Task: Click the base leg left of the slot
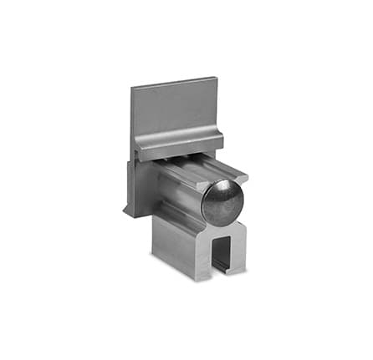(205, 255)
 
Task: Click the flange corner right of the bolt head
(244, 177)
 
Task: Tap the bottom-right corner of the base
(246, 270)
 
